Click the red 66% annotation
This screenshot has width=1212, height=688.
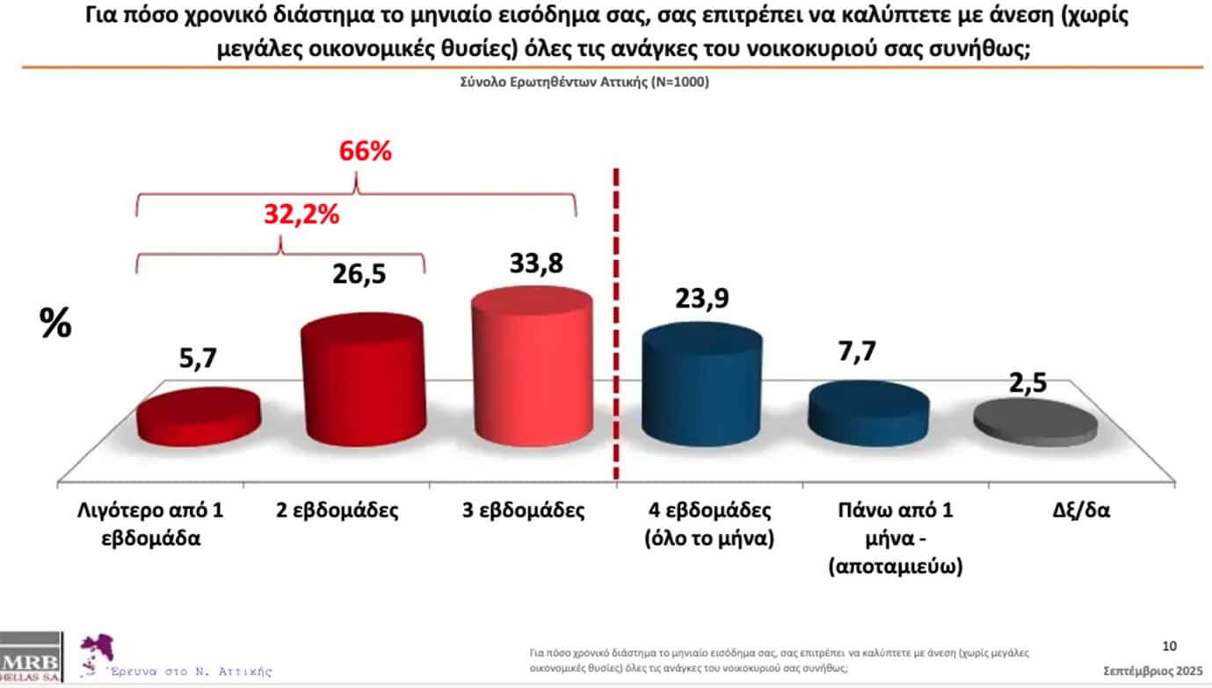tap(365, 151)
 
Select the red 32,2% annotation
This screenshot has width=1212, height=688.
tap(301, 213)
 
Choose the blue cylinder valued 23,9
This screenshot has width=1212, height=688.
tap(701, 386)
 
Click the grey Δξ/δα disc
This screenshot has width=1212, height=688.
tap(1035, 422)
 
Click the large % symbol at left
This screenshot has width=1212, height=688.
tap(56, 324)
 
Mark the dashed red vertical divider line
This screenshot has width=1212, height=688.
tap(613, 325)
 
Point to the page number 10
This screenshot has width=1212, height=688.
tap(1169, 647)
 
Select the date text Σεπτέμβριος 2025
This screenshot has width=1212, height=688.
tap(1153, 670)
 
